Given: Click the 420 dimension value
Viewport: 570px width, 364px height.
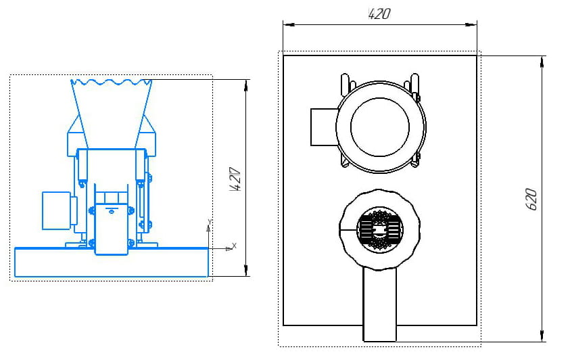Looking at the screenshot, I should pyautogui.click(x=379, y=14).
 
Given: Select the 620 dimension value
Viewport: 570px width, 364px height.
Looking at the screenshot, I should pyautogui.click(x=531, y=199).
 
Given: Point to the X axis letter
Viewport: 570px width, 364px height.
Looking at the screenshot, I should pyautogui.click(x=234, y=244).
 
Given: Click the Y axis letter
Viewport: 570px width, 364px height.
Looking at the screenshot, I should pyautogui.click(x=210, y=221).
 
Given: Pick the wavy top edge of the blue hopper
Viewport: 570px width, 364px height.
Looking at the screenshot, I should pyautogui.click(x=112, y=83).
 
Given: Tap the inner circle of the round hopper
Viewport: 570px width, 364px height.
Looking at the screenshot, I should pyautogui.click(x=380, y=127).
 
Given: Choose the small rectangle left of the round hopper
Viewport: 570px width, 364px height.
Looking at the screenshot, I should pyautogui.click(x=323, y=127).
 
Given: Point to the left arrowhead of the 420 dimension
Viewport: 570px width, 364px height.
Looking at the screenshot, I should pyautogui.click(x=287, y=25).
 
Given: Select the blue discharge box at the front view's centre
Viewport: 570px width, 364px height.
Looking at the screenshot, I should pyautogui.click(x=111, y=228).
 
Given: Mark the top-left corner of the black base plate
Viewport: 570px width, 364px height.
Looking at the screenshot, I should pyautogui.click(x=283, y=55).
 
